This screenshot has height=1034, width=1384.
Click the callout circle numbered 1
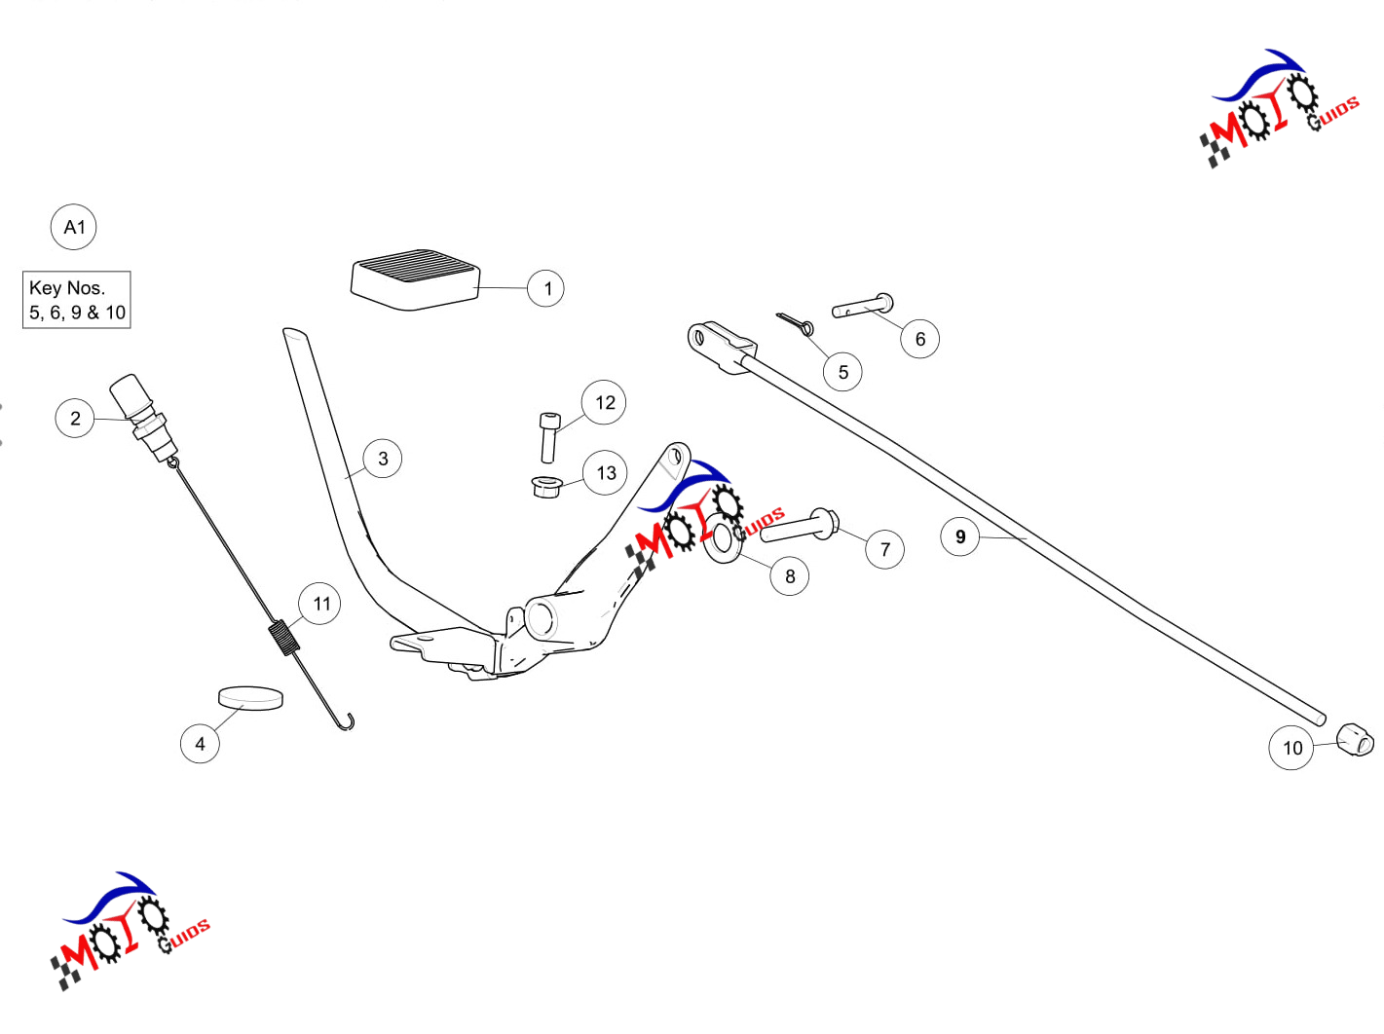point(545,288)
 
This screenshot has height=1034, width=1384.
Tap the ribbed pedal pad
point(415,279)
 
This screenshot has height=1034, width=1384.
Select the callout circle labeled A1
point(73,227)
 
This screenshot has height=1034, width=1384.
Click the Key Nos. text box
point(76,299)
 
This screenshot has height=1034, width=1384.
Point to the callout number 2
point(75,418)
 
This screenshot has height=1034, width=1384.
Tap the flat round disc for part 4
point(250,697)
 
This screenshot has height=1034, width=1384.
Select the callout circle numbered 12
point(604,402)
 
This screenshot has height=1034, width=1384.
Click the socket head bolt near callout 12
point(549,438)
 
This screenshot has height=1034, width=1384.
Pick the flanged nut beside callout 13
point(546,487)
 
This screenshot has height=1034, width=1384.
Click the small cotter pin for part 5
point(796,324)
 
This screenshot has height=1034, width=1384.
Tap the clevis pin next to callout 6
point(862,306)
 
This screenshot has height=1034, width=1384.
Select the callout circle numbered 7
point(884,549)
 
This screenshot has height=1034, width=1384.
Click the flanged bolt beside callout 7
point(799,526)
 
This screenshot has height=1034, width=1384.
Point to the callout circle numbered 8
point(790,576)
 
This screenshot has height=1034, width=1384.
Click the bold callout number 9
point(959,536)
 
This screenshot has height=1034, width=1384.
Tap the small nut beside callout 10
point(1355,740)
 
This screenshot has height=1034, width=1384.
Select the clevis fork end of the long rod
point(722,348)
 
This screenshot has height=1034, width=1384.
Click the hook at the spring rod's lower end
point(346,722)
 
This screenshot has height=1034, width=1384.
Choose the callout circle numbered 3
point(382,458)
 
